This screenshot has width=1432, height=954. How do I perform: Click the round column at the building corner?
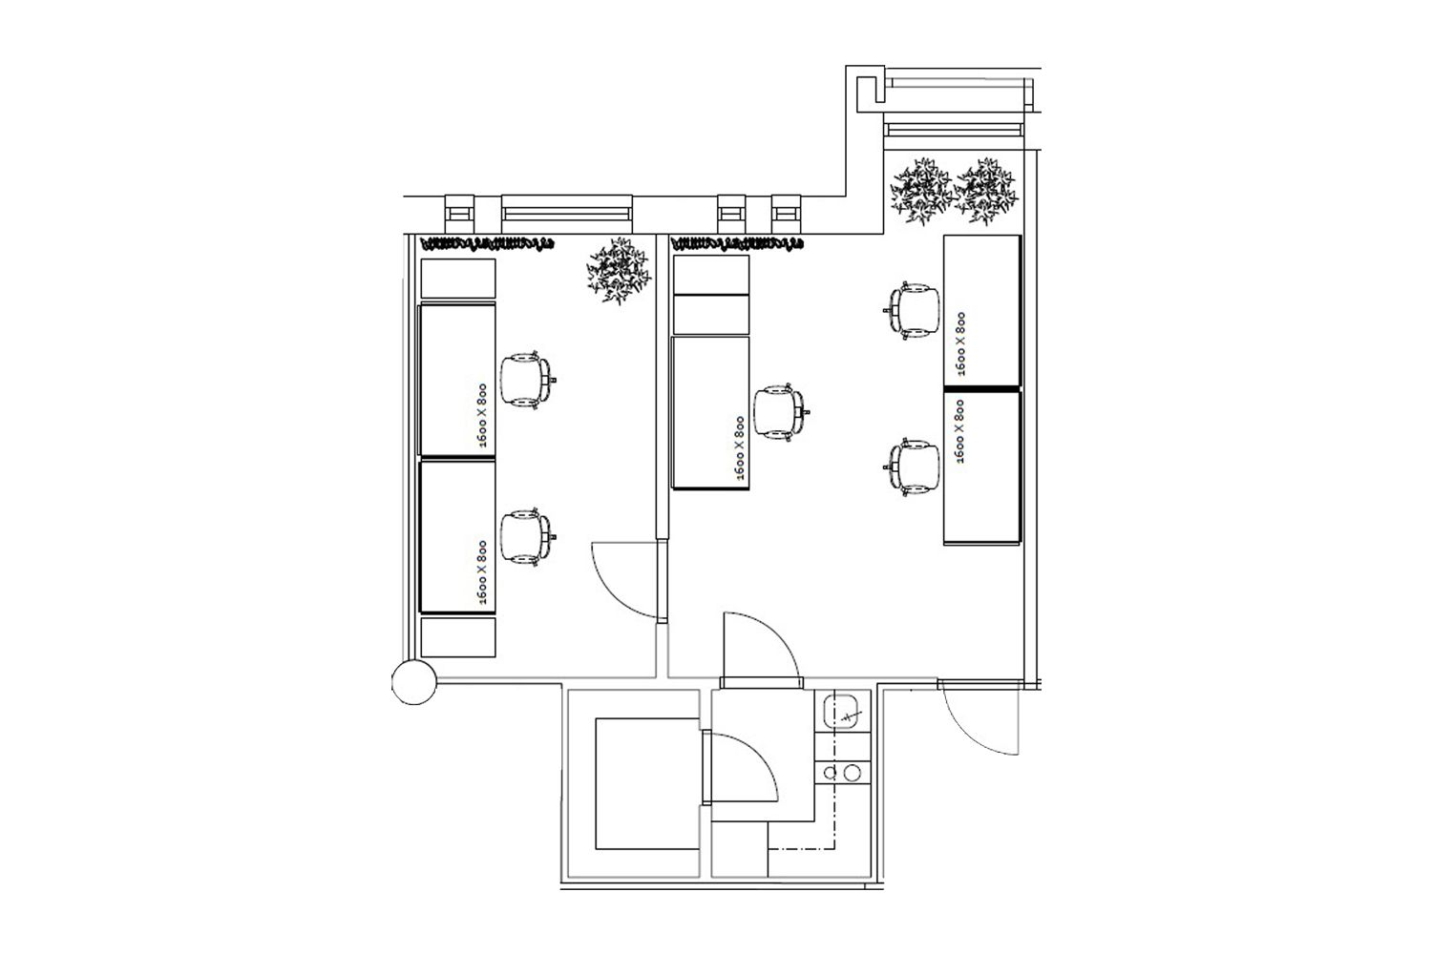pos(414,682)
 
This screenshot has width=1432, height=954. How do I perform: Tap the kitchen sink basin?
pos(843,712)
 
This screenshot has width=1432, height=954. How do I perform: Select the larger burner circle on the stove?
pos(852,773)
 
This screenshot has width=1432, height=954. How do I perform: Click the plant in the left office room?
pos(619,270)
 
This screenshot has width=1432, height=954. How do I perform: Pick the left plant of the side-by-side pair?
pos(922,191)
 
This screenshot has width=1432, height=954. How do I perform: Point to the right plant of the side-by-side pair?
pos(986,191)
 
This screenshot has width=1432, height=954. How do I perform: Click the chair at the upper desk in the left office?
pos(527,381)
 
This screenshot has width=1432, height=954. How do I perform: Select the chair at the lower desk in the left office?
pos(527,537)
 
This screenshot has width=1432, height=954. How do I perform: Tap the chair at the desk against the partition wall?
pos(781,413)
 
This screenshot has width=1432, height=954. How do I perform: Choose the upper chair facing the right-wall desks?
pos(912,310)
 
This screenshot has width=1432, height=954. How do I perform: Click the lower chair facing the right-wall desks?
pos(912,467)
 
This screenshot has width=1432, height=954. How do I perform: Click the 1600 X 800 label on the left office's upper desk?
pos(482,415)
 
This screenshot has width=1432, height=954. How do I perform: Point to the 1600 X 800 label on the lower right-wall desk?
pos(959,431)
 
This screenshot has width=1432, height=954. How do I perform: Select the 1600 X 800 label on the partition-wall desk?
pos(739,448)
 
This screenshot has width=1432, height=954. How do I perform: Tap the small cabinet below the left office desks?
pos(457,637)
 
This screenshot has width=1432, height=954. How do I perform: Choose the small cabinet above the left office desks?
pos(457,279)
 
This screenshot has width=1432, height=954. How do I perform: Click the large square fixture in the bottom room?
pos(647,783)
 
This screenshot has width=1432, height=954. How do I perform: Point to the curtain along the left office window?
pos(487,243)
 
